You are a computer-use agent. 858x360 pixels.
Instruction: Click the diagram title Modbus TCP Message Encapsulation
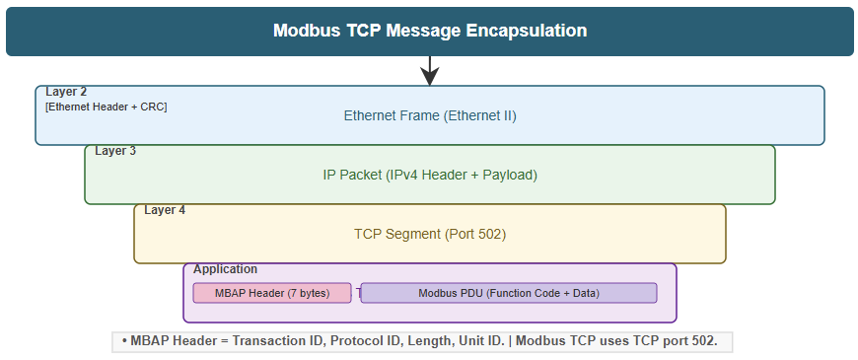(430, 31)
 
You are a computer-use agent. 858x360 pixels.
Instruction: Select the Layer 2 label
(66, 92)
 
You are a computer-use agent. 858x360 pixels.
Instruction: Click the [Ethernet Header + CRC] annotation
(106, 107)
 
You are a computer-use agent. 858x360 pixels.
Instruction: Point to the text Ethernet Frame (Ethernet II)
(430, 115)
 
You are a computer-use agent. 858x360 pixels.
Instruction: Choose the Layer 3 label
(115, 151)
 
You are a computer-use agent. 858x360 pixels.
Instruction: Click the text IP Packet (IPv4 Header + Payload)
(430, 175)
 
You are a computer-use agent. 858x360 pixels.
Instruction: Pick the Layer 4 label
(165, 210)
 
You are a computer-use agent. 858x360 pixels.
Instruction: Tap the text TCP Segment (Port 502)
(430, 234)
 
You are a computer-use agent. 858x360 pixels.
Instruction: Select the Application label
(225, 269)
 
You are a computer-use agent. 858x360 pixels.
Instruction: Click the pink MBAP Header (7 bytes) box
(272, 293)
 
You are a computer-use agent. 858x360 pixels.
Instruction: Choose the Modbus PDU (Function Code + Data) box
(509, 293)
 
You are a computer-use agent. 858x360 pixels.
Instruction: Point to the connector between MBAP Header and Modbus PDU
(356, 293)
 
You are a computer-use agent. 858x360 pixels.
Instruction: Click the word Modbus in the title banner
(305, 31)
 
